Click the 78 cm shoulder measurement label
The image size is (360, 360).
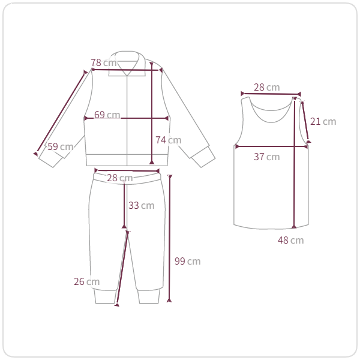tap(104, 62)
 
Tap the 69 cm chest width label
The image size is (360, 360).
tap(107, 115)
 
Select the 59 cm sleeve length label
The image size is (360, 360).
tap(61, 146)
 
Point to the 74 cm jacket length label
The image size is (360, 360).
tap(168, 140)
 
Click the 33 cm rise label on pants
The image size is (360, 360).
tap(141, 205)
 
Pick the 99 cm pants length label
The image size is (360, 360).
tap(187, 261)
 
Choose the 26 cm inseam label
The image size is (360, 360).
tap(86, 281)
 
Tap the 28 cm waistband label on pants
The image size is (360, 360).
tap(120, 178)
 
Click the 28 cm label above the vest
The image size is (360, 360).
tap(266, 87)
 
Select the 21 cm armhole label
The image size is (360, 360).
tap(323, 121)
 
